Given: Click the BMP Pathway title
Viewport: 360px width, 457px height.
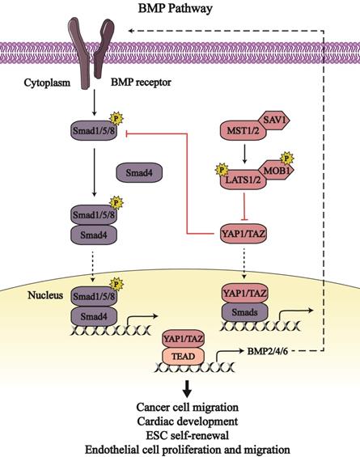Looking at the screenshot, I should (x=180, y=8).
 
